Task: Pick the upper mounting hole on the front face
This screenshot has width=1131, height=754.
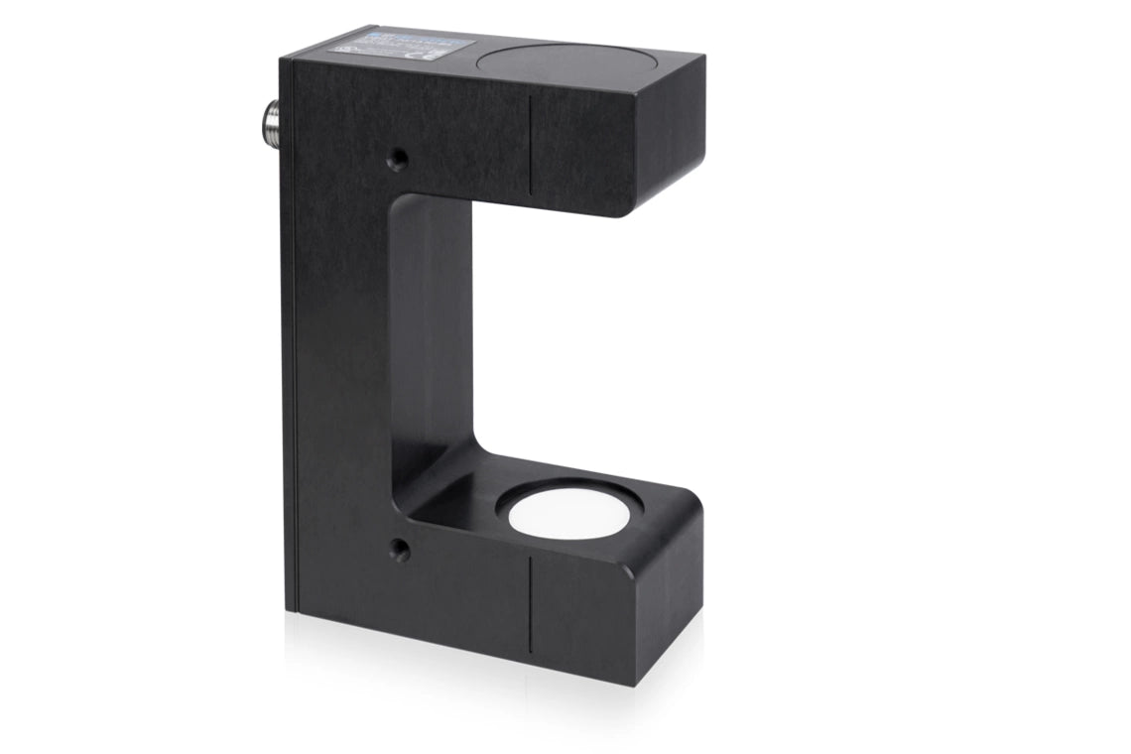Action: coord(398,157)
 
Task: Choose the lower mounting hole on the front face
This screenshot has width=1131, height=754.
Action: coord(399,549)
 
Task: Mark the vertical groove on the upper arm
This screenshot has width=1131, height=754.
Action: coord(531,145)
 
